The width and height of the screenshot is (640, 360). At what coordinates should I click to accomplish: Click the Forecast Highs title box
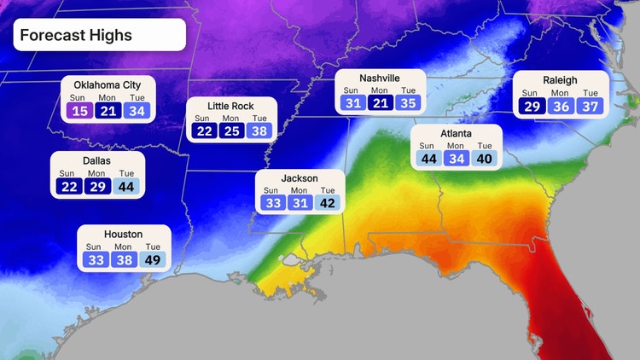(x=98, y=36)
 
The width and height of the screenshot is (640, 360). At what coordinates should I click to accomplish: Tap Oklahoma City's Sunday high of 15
(x=80, y=110)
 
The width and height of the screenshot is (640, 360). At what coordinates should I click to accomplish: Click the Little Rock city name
(x=230, y=106)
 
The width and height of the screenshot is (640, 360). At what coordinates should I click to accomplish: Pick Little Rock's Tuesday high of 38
(x=258, y=131)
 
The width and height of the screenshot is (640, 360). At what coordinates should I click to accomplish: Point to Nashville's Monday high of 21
(x=381, y=103)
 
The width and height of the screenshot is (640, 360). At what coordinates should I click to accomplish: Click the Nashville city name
(x=380, y=78)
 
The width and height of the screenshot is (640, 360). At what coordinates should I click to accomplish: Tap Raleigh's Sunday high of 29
(x=530, y=106)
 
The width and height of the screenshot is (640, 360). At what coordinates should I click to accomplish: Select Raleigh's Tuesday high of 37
(x=588, y=106)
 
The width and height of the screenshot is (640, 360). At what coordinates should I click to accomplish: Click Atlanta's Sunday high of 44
(x=428, y=158)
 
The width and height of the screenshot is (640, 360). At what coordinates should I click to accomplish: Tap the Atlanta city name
(x=454, y=134)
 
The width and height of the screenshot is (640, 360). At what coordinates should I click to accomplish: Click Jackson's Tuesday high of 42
(x=328, y=203)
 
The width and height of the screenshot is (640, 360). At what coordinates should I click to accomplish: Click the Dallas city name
(x=97, y=160)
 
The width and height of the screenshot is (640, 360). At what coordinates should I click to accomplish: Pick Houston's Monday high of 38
(x=124, y=259)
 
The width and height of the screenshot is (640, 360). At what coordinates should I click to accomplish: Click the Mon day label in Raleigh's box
(x=559, y=92)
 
